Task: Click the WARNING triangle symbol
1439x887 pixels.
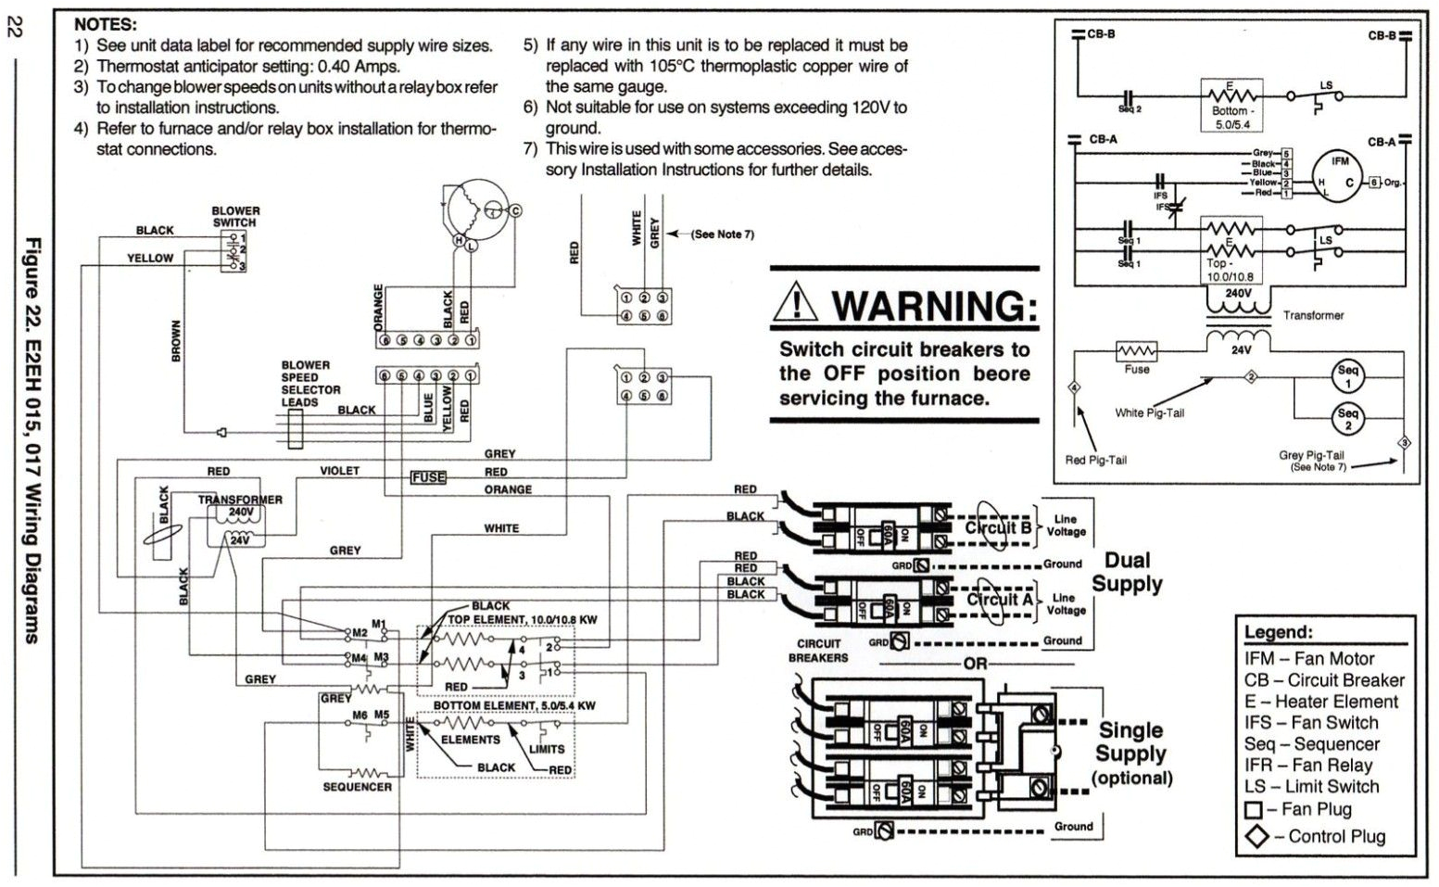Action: click(797, 301)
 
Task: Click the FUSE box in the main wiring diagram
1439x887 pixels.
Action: click(428, 477)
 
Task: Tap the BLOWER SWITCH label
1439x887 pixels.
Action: click(235, 217)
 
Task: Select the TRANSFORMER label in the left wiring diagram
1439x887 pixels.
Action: click(240, 500)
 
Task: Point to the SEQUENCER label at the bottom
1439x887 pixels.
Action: click(357, 787)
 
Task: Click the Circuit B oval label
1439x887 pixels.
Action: click(997, 528)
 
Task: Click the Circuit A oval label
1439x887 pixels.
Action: click(998, 599)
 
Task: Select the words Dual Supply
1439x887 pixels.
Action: click(1127, 572)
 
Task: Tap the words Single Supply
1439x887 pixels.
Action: click(1131, 741)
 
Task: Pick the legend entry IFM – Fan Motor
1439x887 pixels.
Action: click(1309, 659)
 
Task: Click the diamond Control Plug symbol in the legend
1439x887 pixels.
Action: click(1256, 837)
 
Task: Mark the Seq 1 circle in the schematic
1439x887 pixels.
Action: click(1347, 376)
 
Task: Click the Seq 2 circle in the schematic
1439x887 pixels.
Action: click(1347, 419)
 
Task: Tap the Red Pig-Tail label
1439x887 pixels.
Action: click(1095, 460)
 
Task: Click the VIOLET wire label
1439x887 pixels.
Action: click(339, 471)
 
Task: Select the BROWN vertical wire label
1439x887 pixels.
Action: click(176, 341)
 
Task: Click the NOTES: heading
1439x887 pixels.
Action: click(106, 24)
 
